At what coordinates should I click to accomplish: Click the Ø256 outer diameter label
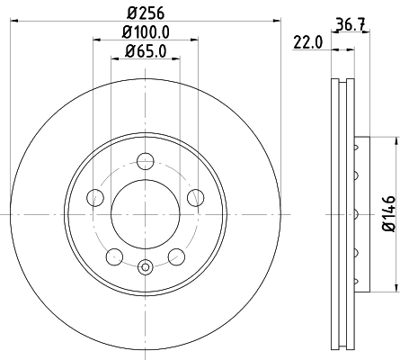tap(145, 13)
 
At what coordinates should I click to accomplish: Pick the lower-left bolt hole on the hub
tap(114, 257)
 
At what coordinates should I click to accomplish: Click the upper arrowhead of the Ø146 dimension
tap(394, 141)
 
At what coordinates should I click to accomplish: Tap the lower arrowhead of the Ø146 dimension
tap(394, 288)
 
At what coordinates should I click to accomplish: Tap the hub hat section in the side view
tap(360, 214)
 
